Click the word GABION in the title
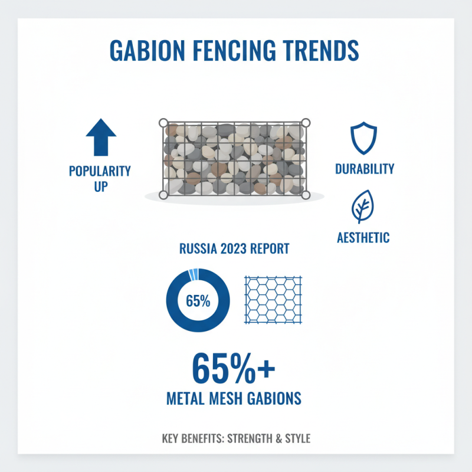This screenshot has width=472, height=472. [147, 51]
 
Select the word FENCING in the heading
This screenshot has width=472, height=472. [234, 51]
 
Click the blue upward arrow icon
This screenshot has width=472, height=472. [101, 137]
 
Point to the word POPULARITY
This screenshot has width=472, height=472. [100, 171]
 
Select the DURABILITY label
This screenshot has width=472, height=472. [365, 169]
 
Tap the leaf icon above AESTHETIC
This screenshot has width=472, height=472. [363, 206]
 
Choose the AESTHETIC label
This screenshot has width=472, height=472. [363, 238]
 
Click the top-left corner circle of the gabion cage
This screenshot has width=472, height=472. [163, 123]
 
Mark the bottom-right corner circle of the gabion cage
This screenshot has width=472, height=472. [306, 195]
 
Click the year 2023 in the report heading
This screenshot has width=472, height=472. [234, 248]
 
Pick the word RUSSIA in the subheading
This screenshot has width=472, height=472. [198, 248]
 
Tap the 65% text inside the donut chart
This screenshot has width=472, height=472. [198, 301]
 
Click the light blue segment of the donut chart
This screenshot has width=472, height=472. [194, 274]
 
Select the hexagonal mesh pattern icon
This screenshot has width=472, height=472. [273, 300]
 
